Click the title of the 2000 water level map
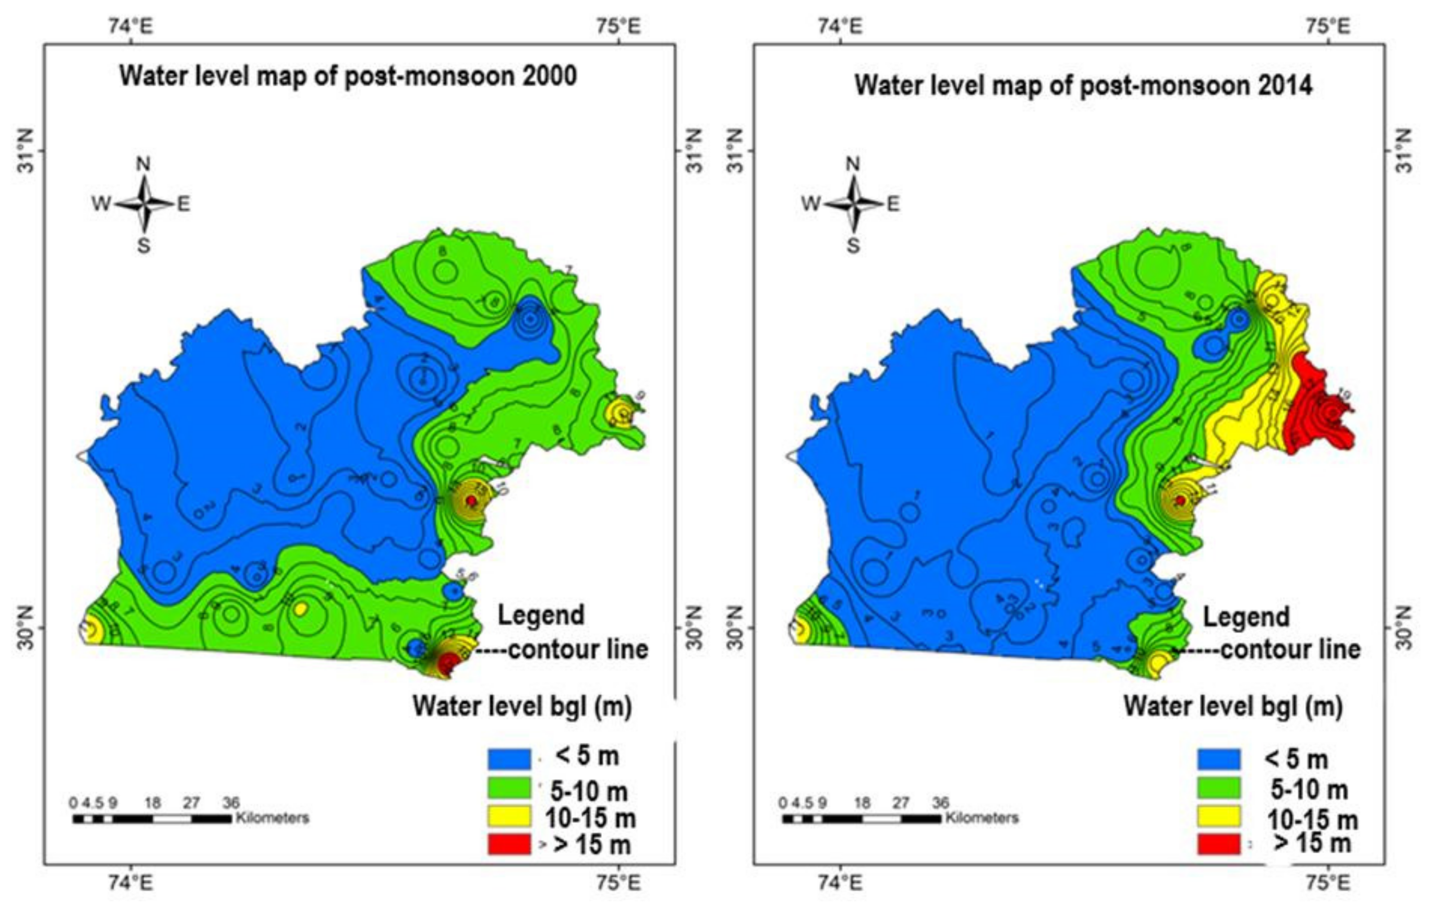(348, 77)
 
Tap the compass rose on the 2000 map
(144, 204)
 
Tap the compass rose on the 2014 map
(853, 204)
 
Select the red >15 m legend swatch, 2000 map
(509, 844)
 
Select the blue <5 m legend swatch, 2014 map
(1219, 759)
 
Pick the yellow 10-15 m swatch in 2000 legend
(509, 817)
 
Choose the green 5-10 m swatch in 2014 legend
(1219, 788)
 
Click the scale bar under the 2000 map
(152, 819)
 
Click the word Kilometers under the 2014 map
(981, 818)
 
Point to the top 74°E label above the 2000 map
(133, 26)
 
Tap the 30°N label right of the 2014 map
(1404, 627)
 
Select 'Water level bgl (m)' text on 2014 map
(1233, 706)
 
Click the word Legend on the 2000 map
(540, 615)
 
